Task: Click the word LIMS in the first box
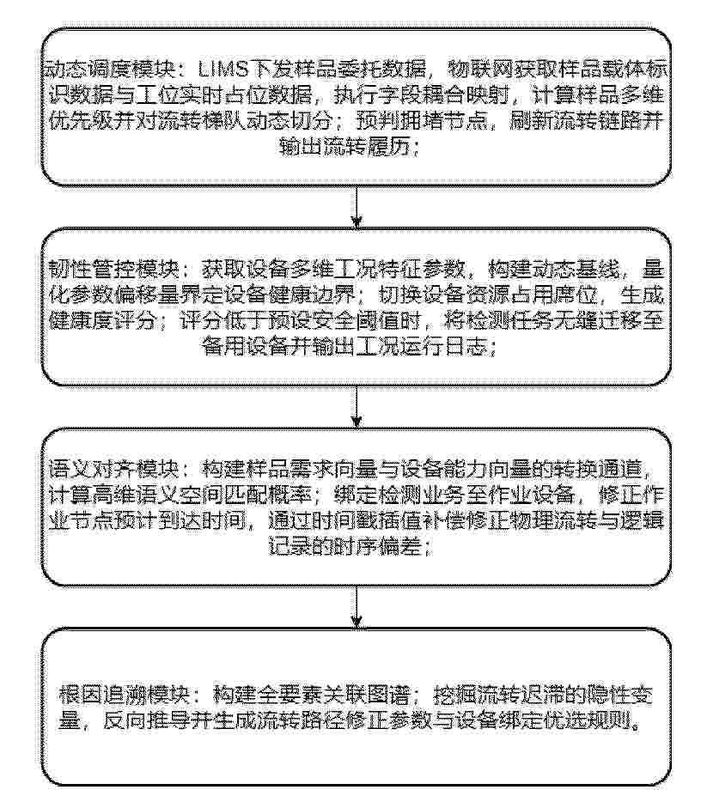pyautogui.click(x=225, y=69)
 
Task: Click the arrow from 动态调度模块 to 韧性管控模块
pyautogui.click(x=357, y=207)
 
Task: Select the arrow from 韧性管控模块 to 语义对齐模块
pyautogui.click(x=357, y=407)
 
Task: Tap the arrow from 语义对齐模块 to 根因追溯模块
pyautogui.click(x=357, y=607)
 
